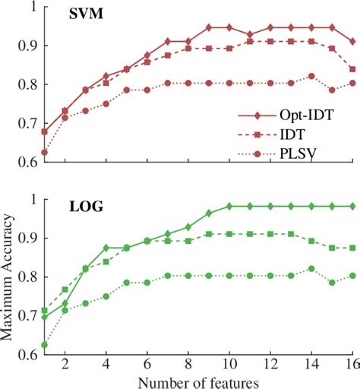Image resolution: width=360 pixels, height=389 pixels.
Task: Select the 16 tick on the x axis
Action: [352, 363]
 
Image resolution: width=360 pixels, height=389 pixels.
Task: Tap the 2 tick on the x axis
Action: [65, 363]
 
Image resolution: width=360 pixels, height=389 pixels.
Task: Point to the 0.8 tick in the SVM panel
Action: [28, 84]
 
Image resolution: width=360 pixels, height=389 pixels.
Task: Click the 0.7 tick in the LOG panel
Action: [28, 316]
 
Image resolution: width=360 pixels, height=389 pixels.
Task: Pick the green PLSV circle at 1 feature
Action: [45, 345]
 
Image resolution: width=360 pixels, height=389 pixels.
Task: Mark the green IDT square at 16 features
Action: [352, 248]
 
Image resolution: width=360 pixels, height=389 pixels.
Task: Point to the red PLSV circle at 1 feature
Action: [45, 152]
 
